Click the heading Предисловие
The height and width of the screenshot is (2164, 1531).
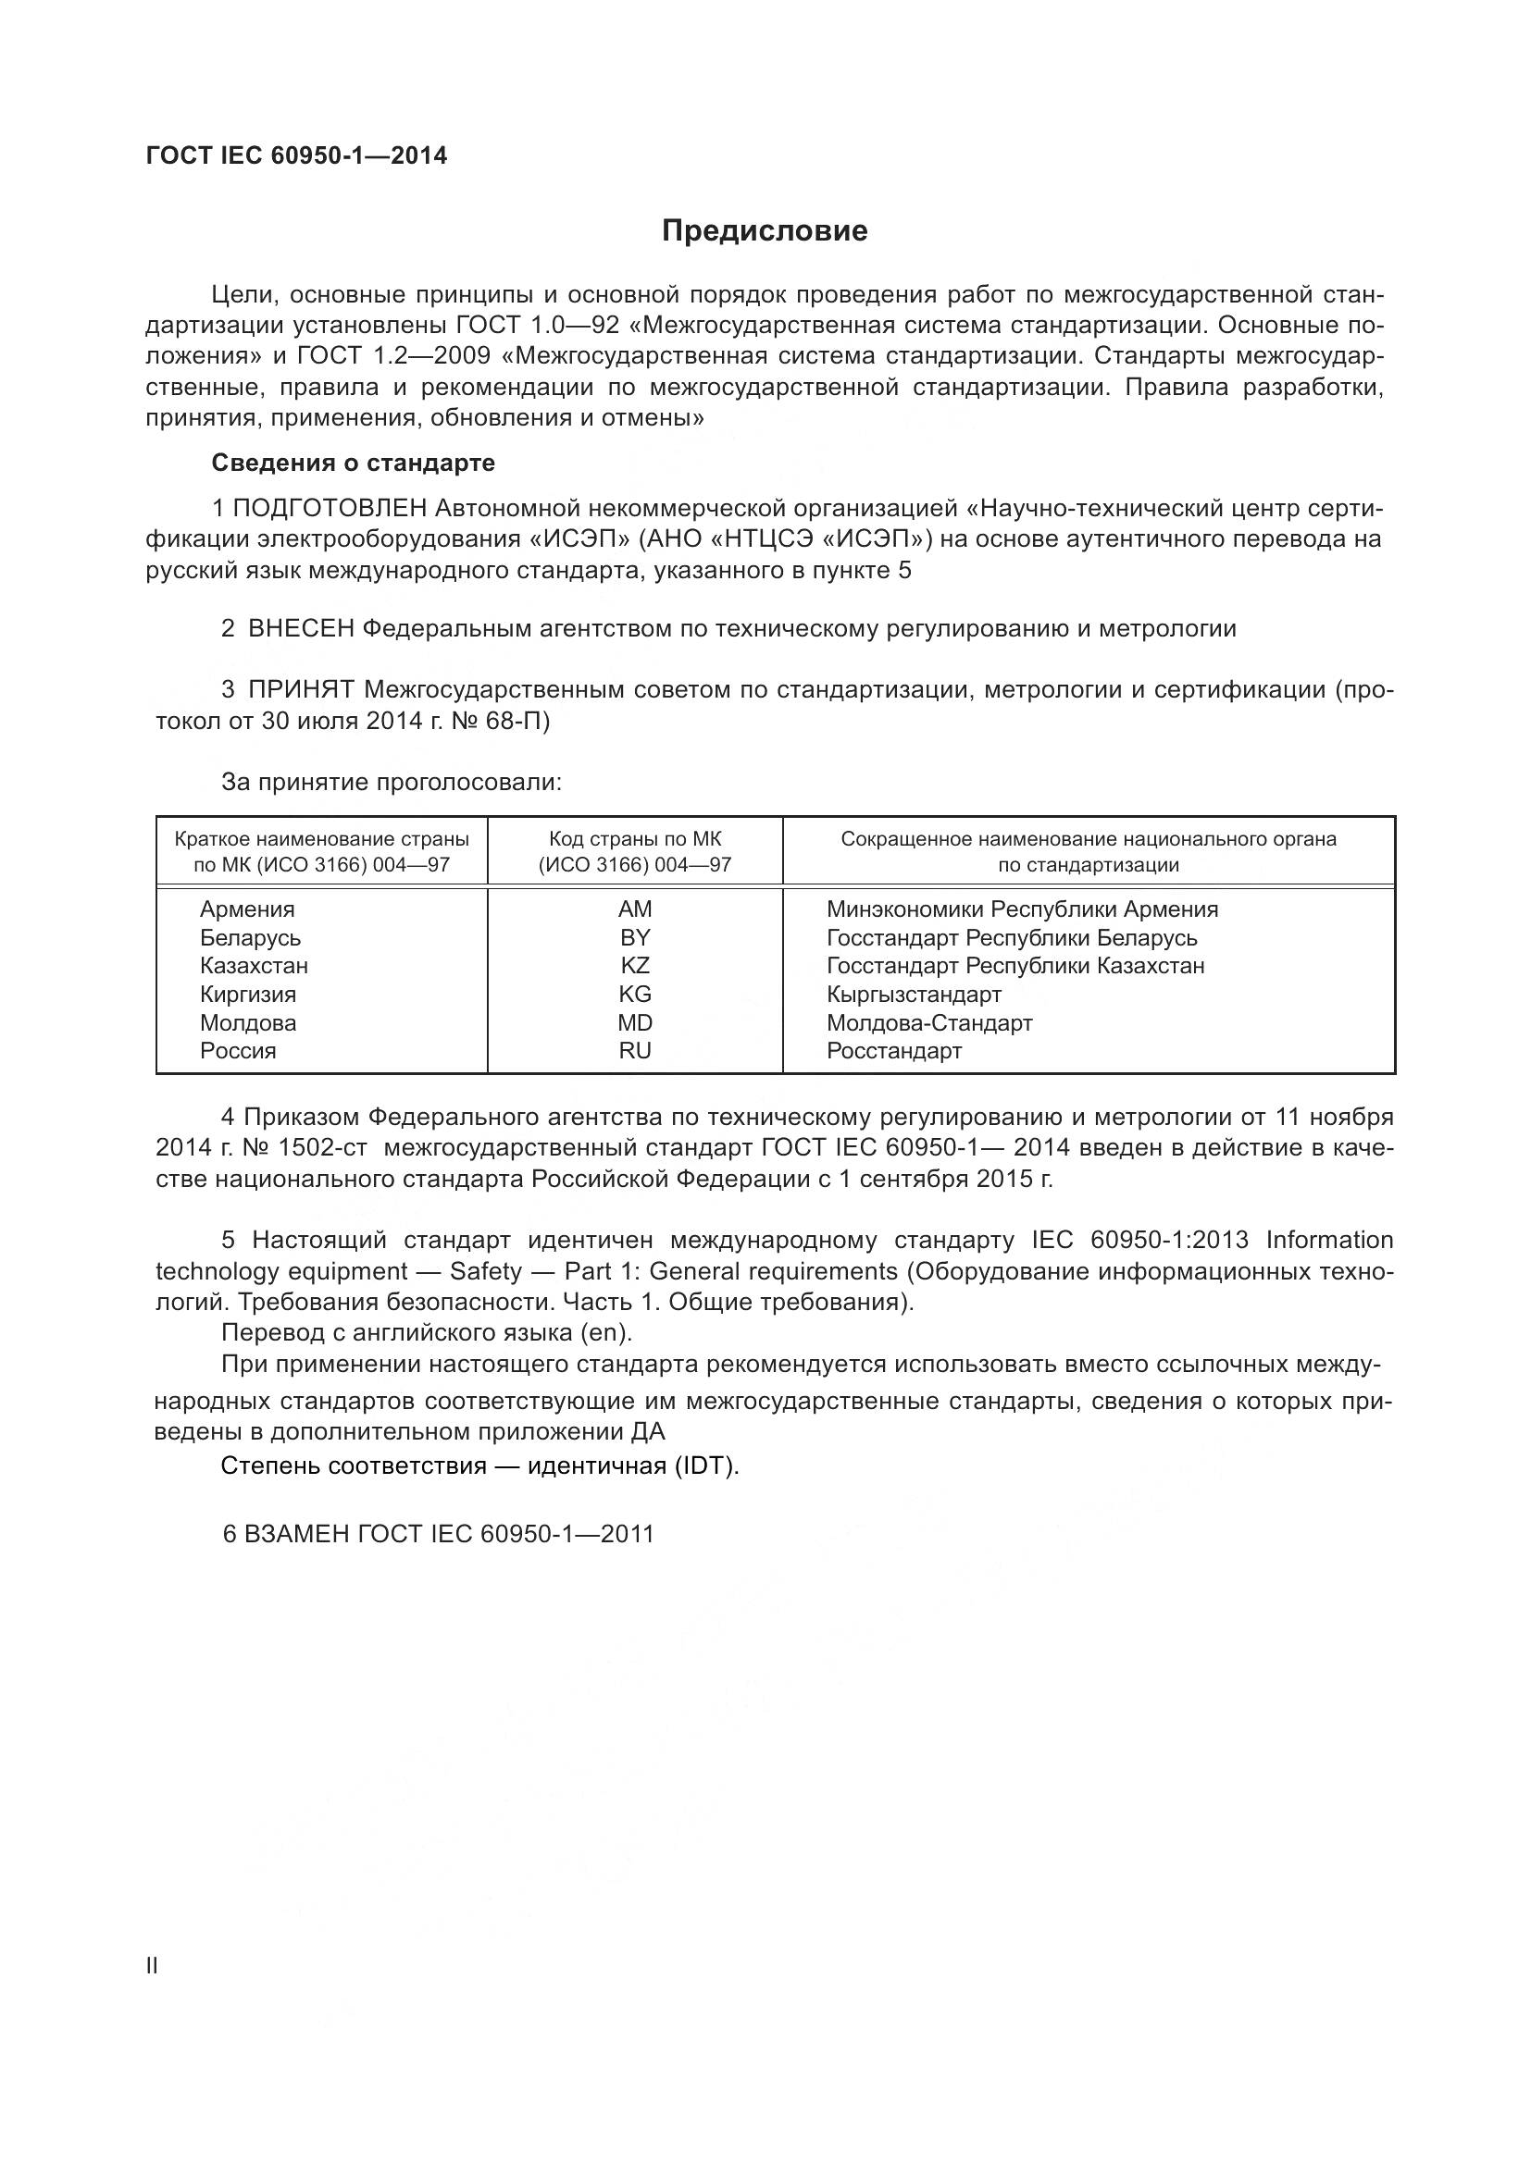click(x=765, y=231)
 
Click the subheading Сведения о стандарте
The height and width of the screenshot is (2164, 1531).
click(x=353, y=463)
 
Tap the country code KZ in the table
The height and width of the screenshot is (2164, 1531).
click(x=634, y=966)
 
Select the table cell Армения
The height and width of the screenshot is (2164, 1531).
click(x=247, y=909)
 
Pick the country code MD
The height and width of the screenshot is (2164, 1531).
click(x=634, y=1022)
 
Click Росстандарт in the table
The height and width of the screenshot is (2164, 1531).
click(x=894, y=1051)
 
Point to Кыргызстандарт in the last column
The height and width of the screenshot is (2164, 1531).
click(x=914, y=995)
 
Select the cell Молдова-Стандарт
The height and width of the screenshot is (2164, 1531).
click(x=929, y=1022)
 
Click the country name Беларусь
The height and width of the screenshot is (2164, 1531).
click(x=250, y=938)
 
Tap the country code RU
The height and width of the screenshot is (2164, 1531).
click(x=634, y=1051)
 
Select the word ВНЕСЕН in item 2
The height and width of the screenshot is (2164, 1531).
click(x=301, y=628)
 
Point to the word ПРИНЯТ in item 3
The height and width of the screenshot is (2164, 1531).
click(x=301, y=690)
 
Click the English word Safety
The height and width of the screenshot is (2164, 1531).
click(x=486, y=1271)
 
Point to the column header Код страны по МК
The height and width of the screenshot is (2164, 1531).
click(x=634, y=839)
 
